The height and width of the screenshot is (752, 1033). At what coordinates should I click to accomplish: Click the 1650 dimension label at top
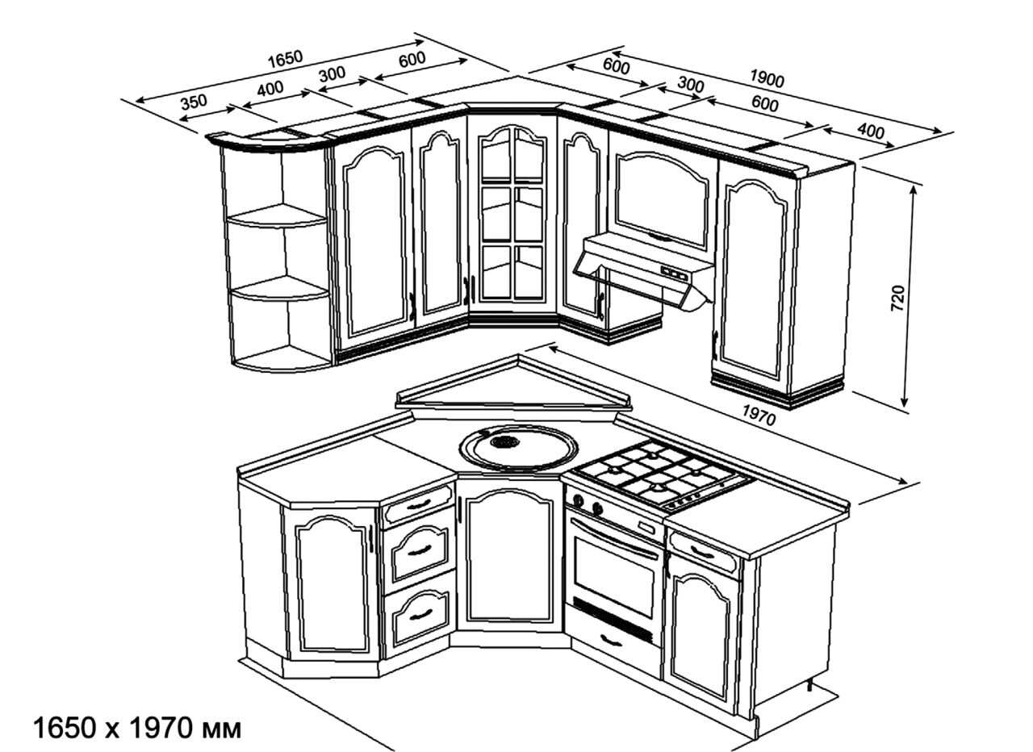tap(286, 59)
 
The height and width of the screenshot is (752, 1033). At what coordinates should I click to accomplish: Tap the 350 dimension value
tap(194, 102)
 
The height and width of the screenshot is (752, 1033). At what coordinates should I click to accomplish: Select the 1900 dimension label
tap(767, 78)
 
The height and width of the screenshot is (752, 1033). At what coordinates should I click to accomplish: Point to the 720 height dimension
tap(897, 299)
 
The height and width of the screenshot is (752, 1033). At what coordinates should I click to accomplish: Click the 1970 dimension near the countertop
tap(759, 415)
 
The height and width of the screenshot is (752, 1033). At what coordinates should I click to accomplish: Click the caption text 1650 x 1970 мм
tap(137, 729)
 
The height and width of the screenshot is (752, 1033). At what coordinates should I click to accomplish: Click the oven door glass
tap(613, 576)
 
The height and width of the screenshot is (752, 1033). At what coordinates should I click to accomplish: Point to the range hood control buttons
tap(674, 274)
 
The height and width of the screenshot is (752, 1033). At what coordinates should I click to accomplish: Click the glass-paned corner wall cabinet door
tap(512, 215)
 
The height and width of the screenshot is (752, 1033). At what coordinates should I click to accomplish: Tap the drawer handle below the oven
tap(612, 641)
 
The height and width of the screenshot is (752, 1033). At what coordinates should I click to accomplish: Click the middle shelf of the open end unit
tap(279, 288)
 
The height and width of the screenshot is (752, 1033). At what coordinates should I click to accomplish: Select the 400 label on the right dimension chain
tap(871, 132)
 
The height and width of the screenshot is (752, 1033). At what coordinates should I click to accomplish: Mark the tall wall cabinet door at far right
tap(753, 279)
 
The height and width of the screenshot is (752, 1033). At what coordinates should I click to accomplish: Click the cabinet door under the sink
tap(508, 557)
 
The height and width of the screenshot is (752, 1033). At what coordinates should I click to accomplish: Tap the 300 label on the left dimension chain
tap(332, 73)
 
